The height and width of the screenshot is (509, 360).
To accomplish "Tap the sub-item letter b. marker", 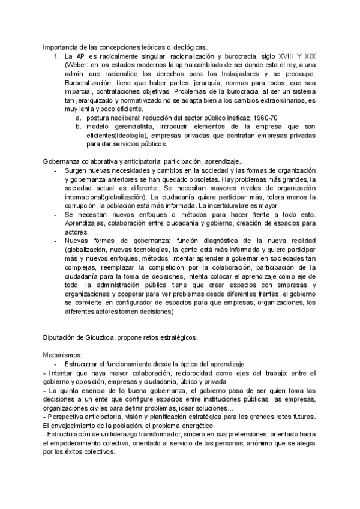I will pos(79,127).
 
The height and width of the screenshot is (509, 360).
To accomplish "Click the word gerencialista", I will pos(134,127).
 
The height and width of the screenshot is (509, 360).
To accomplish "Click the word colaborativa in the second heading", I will pos(101,162).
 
